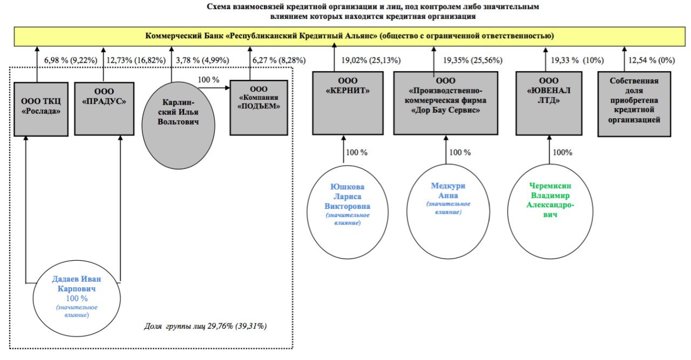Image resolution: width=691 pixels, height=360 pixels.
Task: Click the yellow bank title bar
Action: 349,36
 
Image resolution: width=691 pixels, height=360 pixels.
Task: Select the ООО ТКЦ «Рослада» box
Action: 41,109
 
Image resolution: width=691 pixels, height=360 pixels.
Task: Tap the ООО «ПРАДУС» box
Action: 104,108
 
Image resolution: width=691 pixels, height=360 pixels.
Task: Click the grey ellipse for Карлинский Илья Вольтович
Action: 178,125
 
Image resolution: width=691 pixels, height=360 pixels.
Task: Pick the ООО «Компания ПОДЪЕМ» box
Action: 259,107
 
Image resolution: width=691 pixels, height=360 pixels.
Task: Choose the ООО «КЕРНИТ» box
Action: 348,103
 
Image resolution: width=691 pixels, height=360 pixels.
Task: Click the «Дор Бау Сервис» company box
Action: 446,103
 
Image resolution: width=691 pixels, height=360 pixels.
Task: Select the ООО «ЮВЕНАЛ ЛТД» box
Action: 549,103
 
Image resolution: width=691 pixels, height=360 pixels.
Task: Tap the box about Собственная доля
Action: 634,104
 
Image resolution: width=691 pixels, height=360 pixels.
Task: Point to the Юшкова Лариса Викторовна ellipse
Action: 348,212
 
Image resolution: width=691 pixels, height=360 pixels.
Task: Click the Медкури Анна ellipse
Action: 448,212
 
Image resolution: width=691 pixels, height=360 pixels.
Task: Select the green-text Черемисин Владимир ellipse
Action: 550,212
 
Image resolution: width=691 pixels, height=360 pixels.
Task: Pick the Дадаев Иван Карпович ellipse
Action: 77,298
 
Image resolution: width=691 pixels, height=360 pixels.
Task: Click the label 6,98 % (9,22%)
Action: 71,60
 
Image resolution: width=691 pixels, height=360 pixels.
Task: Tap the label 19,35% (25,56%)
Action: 472,60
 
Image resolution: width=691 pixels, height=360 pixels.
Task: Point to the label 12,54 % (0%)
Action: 652,60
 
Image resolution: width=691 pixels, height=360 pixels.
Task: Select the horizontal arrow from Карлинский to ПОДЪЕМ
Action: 214,88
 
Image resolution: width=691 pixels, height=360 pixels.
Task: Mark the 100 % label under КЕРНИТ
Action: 357,152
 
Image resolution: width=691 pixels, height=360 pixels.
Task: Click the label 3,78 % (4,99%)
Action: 202,60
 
